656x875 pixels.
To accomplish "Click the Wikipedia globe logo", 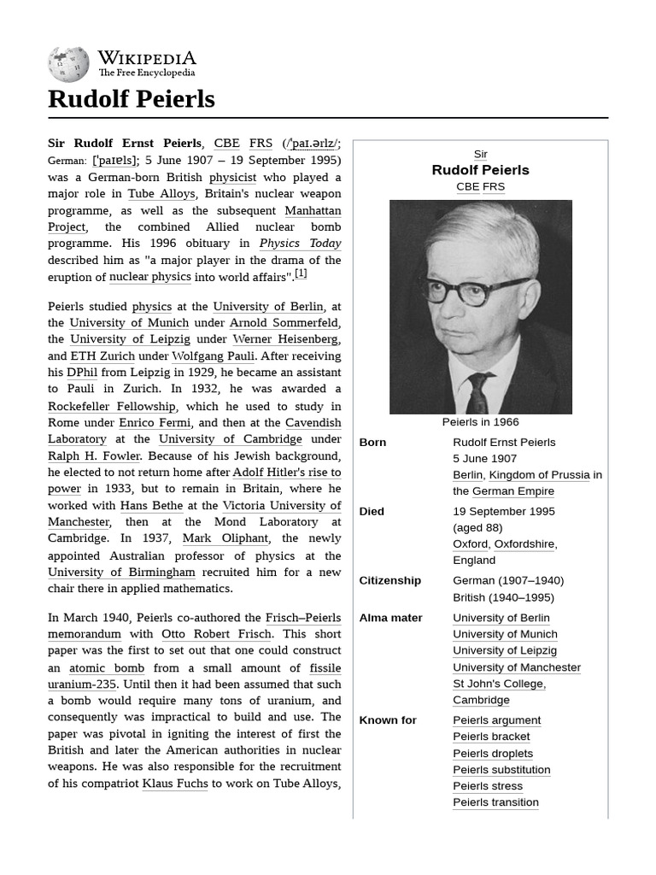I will pyautogui.click(x=68, y=64).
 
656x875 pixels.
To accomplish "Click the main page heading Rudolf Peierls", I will pyautogui.click(x=131, y=99).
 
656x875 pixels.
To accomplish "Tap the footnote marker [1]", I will pyautogui.click(x=301, y=274).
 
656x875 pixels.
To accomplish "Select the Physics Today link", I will pyautogui.click(x=300, y=244).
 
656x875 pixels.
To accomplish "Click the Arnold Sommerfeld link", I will pyautogui.click(x=284, y=323).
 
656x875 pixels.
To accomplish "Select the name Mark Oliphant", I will pyautogui.click(x=225, y=539).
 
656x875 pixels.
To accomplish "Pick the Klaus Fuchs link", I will pyautogui.click(x=174, y=784).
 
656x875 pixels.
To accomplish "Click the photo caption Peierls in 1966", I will pyautogui.click(x=480, y=422).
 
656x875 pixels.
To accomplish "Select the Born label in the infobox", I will pyautogui.click(x=372, y=443).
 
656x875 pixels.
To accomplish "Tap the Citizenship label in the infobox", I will pyautogui.click(x=389, y=581).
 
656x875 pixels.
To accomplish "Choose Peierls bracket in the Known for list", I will pyautogui.click(x=491, y=737).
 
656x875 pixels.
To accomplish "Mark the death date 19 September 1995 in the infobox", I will pyautogui.click(x=503, y=512).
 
